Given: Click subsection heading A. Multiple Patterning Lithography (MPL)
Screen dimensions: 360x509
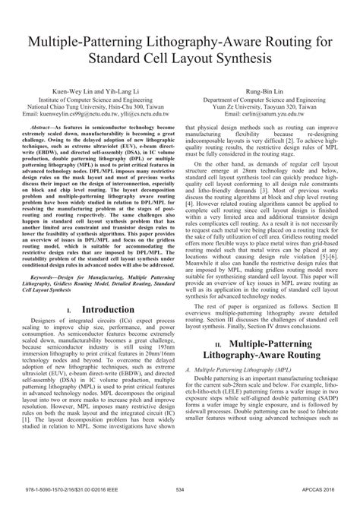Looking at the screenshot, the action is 238,390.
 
